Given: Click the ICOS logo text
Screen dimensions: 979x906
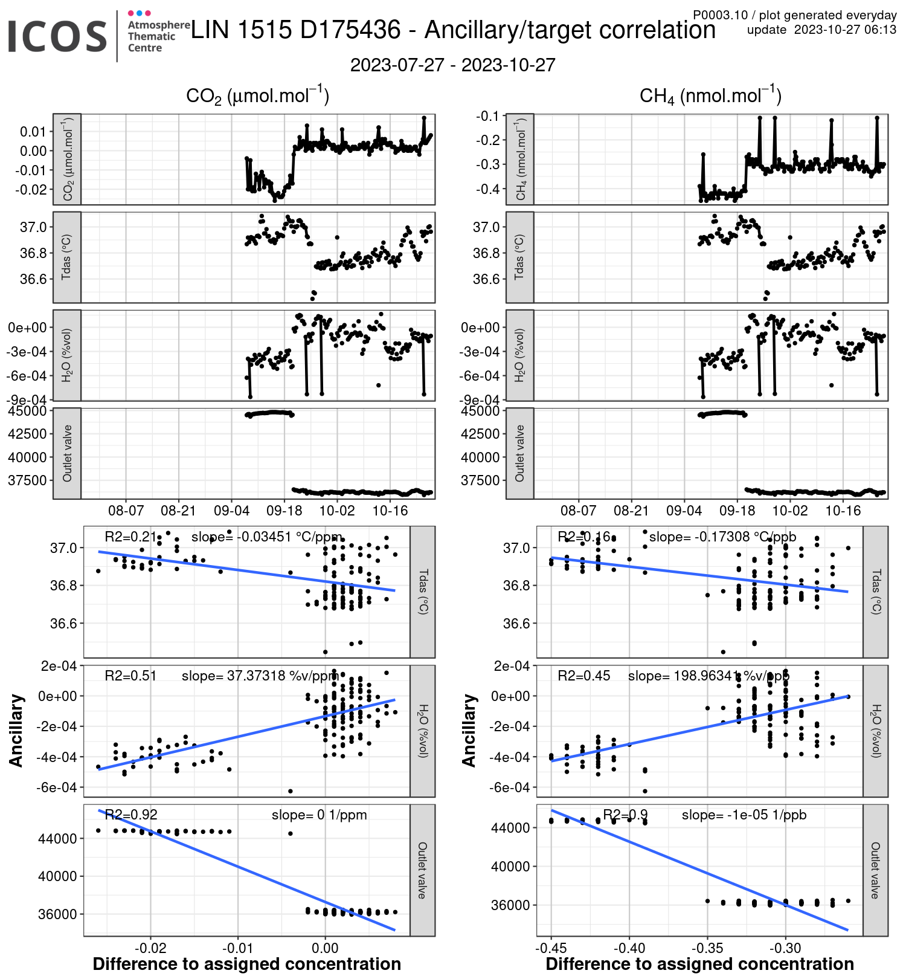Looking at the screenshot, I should pos(57,36).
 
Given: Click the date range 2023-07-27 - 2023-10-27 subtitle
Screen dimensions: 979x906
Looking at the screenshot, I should pos(452,65).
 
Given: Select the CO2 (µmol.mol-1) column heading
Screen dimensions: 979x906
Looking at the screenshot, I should pos(257,96).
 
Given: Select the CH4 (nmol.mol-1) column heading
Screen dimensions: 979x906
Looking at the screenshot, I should pos(710,96).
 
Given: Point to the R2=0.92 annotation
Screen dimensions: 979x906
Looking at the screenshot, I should pos(131,815).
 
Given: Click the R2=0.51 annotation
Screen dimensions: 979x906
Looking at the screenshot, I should pos(131,676).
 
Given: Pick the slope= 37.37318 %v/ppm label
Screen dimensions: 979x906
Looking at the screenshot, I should pos(260,676).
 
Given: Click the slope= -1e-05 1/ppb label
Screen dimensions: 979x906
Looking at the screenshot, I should pos(744,815).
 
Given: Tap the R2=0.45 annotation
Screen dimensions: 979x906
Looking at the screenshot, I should pos(583,676).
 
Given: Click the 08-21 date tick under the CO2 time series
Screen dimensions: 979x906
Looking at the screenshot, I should pos(179,511).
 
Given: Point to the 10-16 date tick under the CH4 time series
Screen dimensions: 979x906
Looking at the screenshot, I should pos(843,511).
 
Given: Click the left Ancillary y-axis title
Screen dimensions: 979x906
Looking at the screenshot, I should pos(16,731).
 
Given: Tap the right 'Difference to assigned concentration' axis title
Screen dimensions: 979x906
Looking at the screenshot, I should pos(699,964).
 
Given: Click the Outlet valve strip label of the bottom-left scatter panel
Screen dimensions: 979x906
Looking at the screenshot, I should pos(422,870).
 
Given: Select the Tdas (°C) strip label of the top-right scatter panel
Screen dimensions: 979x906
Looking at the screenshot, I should pos(875,592).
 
